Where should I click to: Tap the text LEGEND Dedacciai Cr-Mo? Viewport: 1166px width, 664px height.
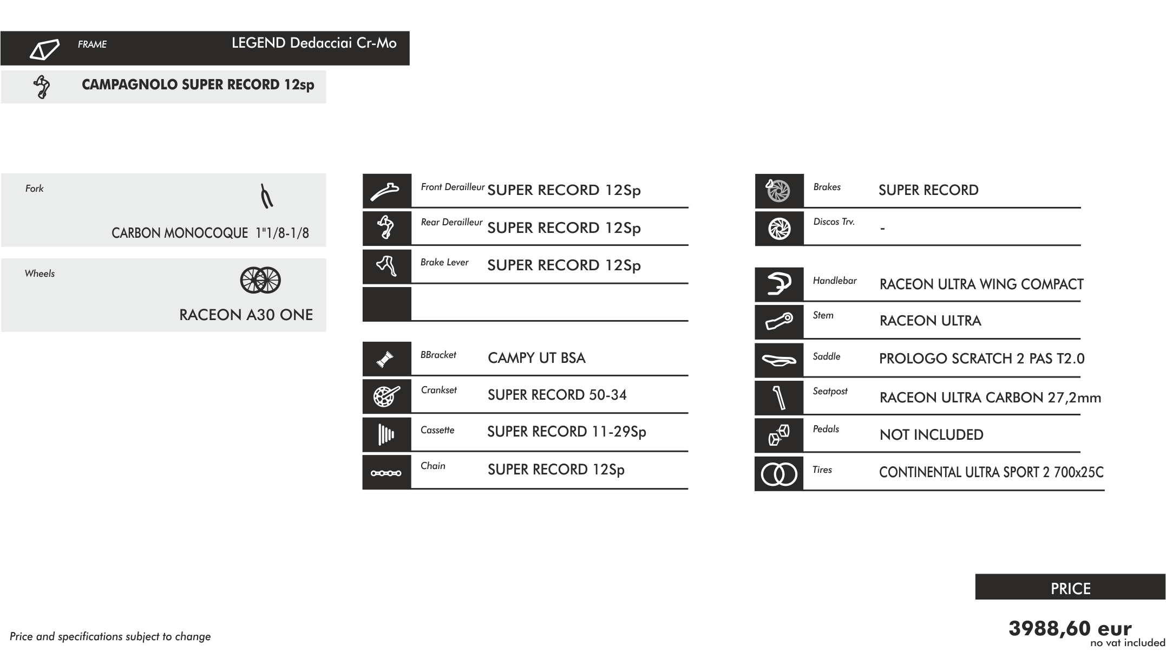click(314, 43)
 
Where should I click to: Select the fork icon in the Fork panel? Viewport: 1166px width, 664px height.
click(266, 197)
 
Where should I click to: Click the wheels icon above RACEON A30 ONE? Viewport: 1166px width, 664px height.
click(260, 280)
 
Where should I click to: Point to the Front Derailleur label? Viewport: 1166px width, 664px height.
click(453, 187)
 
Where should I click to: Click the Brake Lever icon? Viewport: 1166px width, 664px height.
click(387, 266)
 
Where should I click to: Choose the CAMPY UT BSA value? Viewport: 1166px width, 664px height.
click(536, 357)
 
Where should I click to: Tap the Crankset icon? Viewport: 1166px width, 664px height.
click(387, 396)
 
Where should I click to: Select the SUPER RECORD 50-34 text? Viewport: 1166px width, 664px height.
click(557, 395)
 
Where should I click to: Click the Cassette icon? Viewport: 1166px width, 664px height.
click(387, 434)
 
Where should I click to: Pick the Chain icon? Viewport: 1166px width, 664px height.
click(386, 473)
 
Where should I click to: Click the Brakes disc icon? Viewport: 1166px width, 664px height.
click(778, 190)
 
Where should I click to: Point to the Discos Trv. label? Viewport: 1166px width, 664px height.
click(834, 222)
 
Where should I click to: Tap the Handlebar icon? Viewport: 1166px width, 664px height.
click(779, 284)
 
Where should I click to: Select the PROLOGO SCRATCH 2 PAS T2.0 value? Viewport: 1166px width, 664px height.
click(981, 359)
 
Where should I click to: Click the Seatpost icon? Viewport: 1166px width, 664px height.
click(779, 398)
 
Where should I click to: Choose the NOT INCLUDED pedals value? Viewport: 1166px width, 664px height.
click(931, 434)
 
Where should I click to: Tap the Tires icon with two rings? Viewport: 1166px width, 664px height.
click(779, 474)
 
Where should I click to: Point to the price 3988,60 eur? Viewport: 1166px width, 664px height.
click(1070, 629)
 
